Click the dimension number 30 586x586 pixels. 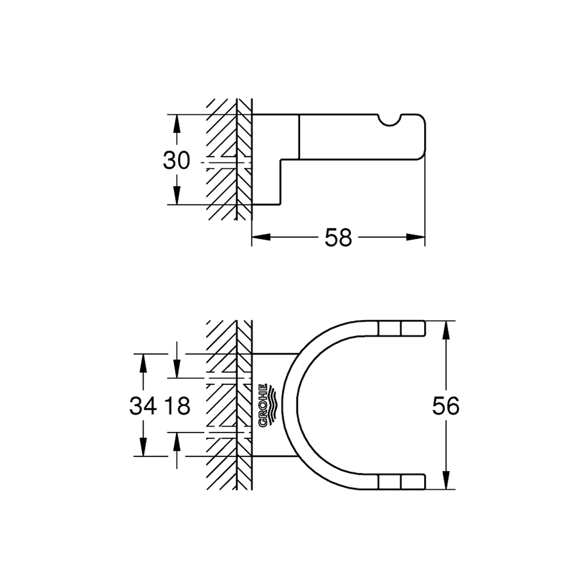(176, 161)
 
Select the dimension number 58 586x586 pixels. (338, 237)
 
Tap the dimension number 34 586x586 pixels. (143, 406)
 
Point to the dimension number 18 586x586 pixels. (177, 406)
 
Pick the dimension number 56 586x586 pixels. (446, 406)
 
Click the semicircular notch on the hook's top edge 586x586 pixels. (390, 119)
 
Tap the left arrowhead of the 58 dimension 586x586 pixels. (261, 237)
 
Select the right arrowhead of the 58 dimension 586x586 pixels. (415, 237)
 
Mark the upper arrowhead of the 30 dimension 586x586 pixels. (177, 123)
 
